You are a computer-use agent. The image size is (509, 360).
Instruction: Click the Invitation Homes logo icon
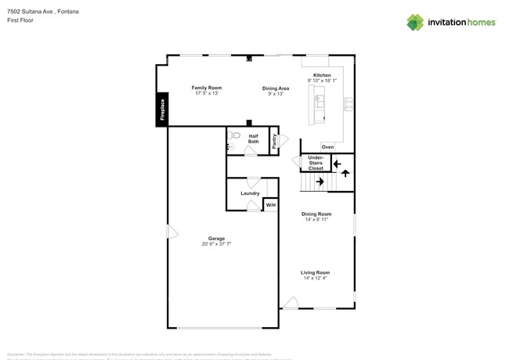click(415, 22)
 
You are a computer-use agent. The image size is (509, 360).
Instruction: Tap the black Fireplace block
click(162, 110)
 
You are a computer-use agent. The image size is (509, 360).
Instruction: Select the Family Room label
click(207, 88)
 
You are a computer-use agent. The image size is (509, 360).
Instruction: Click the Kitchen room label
click(322, 75)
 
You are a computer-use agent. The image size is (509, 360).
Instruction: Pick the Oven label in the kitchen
click(327, 147)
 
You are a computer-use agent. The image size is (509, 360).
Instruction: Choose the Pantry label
click(275, 141)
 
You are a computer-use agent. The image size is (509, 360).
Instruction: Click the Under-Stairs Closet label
click(316, 163)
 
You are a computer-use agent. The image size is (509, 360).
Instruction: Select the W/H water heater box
click(270, 205)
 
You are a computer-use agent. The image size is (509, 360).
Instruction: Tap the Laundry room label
click(250, 193)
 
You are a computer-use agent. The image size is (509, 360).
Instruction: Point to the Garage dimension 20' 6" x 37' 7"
click(216, 244)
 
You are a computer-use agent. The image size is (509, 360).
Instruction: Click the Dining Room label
click(316, 214)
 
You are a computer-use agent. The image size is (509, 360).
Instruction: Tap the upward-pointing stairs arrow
click(345, 173)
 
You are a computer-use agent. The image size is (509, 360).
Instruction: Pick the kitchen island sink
click(319, 101)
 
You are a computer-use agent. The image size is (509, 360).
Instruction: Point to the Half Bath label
click(254, 139)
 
